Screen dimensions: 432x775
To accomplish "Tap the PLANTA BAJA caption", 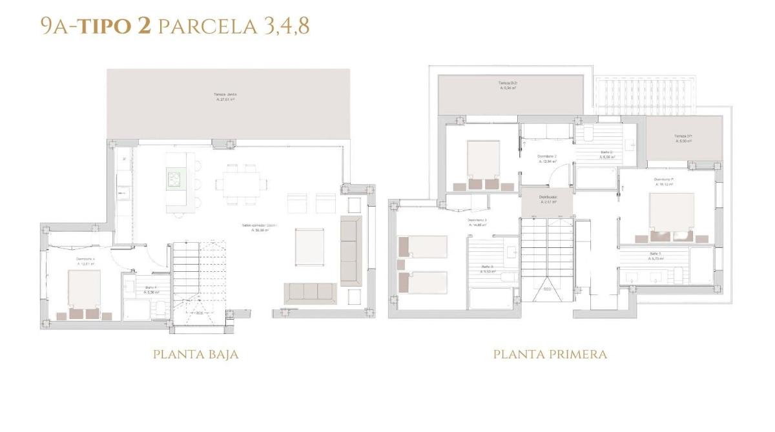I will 196,355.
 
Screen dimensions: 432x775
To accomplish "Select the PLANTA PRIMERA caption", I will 550,355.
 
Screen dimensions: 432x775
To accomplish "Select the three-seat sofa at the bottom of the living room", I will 310,293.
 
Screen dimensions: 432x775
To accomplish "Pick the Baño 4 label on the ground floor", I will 150,289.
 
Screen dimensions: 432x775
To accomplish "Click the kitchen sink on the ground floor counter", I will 122,193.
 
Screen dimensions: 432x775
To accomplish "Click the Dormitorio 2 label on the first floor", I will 547,159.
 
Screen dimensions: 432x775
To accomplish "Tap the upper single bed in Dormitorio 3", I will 422,247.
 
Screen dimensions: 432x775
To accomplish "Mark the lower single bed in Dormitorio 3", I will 422,282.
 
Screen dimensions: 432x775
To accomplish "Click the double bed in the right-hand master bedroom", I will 671,212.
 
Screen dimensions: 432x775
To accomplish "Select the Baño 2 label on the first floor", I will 607,155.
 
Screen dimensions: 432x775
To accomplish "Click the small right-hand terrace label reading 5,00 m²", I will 683,138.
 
